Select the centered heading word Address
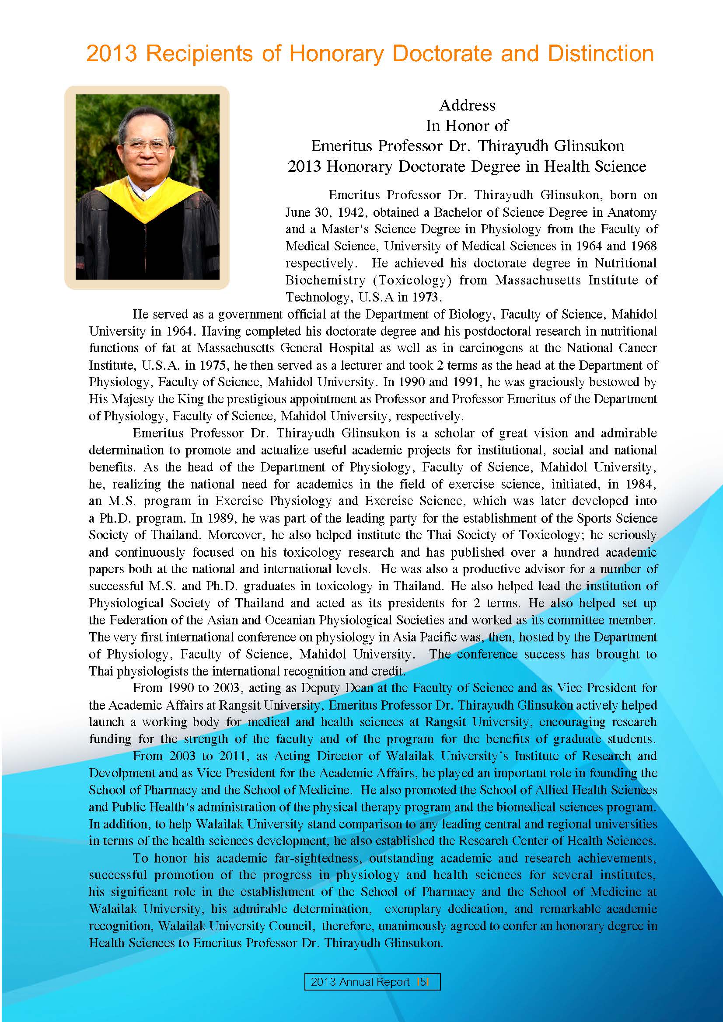point(467,105)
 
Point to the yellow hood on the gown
point(147,200)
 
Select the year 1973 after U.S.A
point(426,298)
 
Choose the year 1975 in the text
point(213,365)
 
